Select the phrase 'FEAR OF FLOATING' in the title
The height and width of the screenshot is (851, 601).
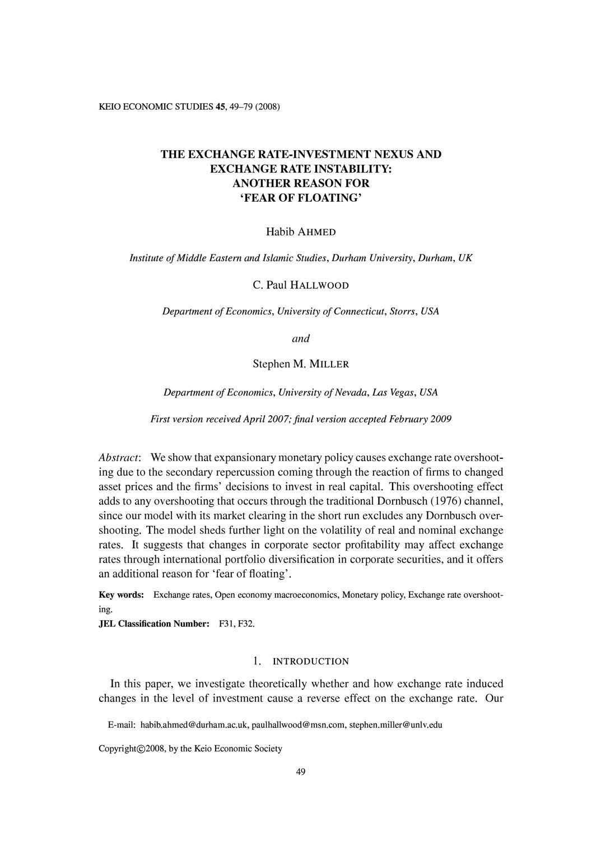pos(301,198)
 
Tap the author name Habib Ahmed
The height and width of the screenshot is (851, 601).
pos(301,232)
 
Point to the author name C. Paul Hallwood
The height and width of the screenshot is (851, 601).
pos(301,285)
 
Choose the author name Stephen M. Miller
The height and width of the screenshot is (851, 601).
pos(301,365)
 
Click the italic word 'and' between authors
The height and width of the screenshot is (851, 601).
pos(301,338)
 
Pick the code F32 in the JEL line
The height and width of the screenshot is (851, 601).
pos(246,624)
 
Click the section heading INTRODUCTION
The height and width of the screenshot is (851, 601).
pos(310,662)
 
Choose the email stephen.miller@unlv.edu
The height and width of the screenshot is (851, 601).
pos(395,725)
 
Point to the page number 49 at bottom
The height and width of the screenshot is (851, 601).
pos(301,773)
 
